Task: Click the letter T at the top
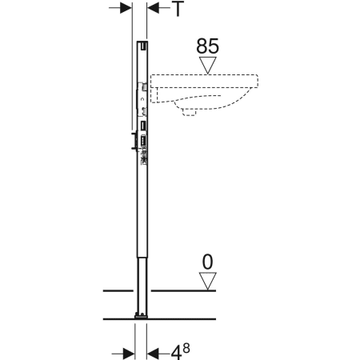coord(178,9)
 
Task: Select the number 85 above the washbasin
coord(208,46)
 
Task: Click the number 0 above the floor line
coord(208,262)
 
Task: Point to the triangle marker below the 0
coord(208,281)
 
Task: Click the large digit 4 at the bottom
coord(176,353)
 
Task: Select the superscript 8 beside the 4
coord(186,348)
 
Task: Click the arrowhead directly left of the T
coord(154,8)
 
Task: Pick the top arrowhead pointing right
coord(126,8)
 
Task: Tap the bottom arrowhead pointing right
coord(129,354)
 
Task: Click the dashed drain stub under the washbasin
coord(189,112)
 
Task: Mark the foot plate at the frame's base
coord(142,317)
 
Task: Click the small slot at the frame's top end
coord(144,46)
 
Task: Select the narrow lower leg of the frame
coord(142,286)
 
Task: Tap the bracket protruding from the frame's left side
coord(134,141)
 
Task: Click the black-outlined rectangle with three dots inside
coord(143,141)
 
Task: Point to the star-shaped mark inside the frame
coord(144,159)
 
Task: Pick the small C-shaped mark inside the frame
coord(143,100)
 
